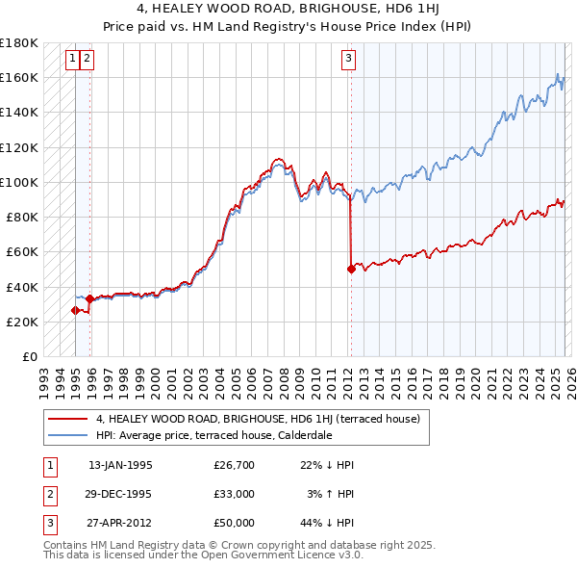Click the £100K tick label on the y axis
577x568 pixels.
point(18,182)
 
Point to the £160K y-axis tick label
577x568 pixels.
point(18,77)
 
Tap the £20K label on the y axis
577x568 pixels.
point(21,322)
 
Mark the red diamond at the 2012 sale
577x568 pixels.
point(351,270)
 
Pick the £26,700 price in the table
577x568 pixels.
point(234,465)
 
